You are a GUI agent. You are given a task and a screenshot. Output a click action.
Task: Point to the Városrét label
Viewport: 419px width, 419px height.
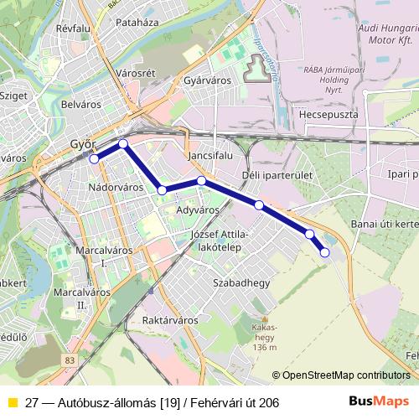coord(136,74)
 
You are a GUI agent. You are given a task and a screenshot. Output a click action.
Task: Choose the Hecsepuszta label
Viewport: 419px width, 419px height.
coord(328,113)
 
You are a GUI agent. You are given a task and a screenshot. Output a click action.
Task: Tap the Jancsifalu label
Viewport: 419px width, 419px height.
coord(210,157)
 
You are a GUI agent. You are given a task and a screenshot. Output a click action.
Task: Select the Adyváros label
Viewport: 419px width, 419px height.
coord(198,209)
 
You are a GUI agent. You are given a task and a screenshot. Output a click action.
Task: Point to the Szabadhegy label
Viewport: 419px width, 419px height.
coord(241,283)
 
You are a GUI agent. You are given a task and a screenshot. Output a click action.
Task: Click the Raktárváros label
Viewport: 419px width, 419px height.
coord(170,320)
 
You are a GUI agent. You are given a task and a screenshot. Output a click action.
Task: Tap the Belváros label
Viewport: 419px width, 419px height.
coord(82,106)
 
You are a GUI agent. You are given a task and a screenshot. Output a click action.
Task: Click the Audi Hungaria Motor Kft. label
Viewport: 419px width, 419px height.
coord(386,37)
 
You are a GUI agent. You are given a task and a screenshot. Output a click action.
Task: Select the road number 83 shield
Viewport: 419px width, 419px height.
coord(68,360)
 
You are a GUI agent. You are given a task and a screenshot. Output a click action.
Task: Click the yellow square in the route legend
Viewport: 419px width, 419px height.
coord(12,402)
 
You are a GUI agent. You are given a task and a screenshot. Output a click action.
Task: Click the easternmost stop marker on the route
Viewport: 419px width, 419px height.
coord(324,252)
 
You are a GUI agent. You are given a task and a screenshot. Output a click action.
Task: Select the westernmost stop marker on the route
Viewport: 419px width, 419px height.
coord(95,158)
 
